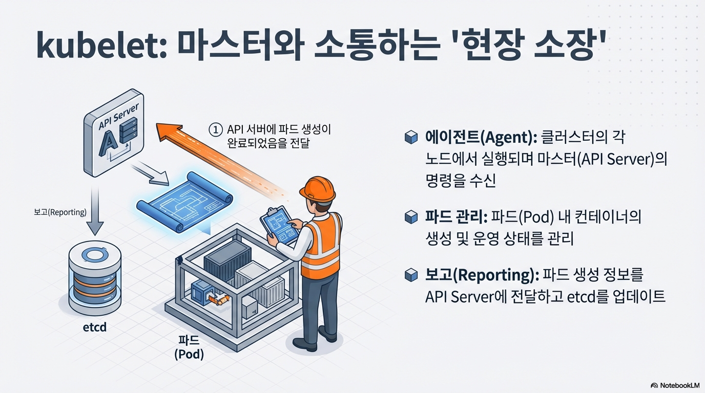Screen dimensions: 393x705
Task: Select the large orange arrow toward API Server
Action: point(215,154)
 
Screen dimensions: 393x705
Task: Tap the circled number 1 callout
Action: point(216,130)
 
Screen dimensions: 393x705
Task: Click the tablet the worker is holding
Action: point(279,225)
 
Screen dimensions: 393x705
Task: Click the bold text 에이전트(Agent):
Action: point(479,137)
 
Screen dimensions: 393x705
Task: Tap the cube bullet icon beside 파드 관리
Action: point(411,217)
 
